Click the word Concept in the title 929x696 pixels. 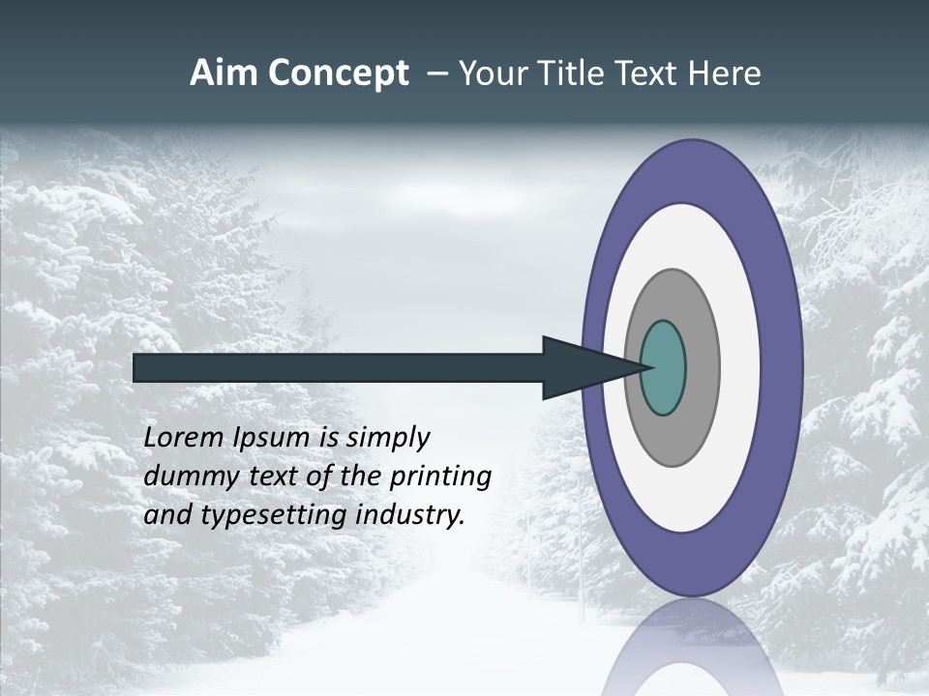[x=338, y=73]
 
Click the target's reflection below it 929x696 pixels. [x=691, y=648]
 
